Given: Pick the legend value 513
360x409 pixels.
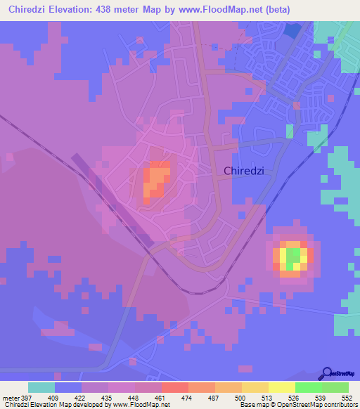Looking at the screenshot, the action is coord(269,397).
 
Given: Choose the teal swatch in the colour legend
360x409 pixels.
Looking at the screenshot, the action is coord(41,387).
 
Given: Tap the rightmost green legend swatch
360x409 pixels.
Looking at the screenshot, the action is coord(335,387).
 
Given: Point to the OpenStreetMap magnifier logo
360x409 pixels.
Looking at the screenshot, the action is coord(326,372).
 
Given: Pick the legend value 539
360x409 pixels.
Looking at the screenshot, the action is coord(322,397).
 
